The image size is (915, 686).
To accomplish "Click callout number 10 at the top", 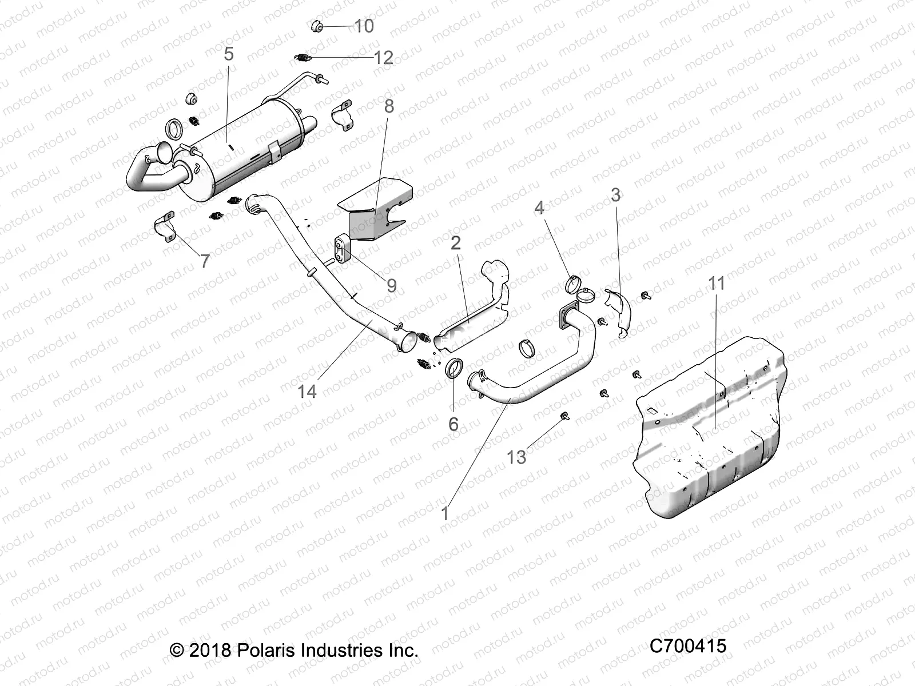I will coord(364,26).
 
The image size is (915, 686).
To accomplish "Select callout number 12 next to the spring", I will coord(384,57).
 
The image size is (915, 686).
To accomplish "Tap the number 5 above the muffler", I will coord(229,54).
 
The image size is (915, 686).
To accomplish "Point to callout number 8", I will coord(389,106).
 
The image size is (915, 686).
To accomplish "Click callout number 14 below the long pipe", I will coord(307,391).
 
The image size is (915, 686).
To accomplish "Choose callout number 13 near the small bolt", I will coord(517,457).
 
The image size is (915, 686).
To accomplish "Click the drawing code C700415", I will coord(688,646).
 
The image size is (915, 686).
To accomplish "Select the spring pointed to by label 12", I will coord(302,57).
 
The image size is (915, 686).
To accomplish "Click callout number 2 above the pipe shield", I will coord(456,244).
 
